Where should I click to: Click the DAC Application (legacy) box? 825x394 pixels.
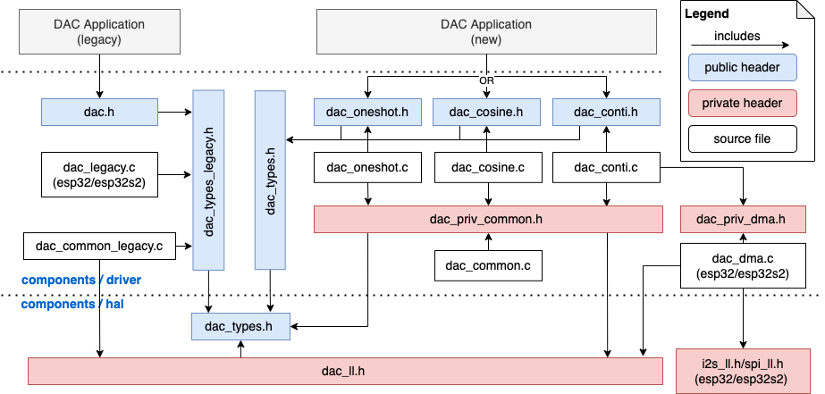(99, 33)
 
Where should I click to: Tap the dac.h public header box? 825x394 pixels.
(99, 113)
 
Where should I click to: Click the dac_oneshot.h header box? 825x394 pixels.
(366, 113)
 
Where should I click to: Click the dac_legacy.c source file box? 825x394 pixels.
(99, 174)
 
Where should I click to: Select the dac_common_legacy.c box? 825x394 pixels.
(99, 245)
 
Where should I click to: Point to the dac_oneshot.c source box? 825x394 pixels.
(366, 167)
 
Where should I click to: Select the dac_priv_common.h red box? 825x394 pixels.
(488, 219)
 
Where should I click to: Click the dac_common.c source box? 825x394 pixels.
(488, 265)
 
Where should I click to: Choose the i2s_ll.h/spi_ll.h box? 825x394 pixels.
(741, 371)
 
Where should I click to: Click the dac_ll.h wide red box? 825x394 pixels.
(343, 370)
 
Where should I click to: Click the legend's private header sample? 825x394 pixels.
(741, 103)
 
